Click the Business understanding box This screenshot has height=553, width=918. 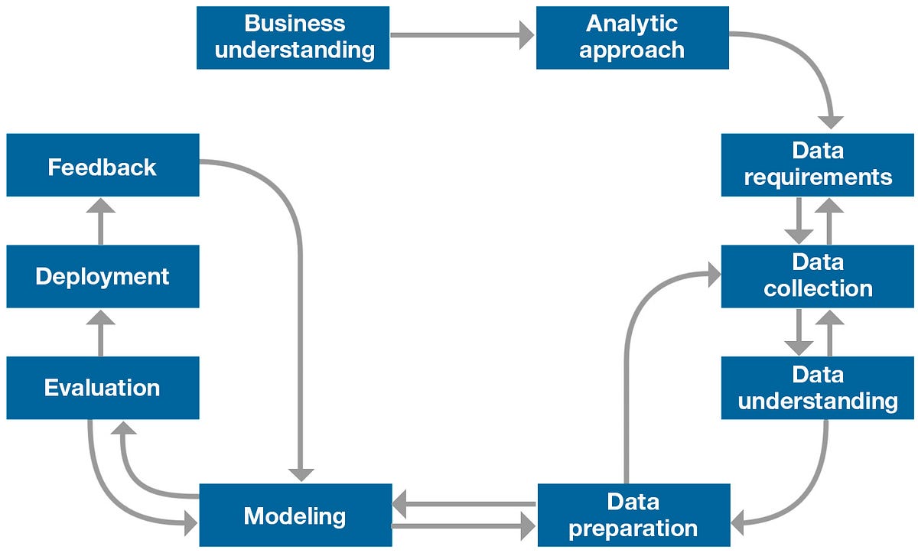point(293,37)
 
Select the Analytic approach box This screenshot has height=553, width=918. point(632,37)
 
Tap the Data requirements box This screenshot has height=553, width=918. point(818,164)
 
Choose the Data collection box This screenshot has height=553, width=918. point(818,276)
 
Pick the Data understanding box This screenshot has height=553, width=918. point(818,388)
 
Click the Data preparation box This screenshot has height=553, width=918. point(633,515)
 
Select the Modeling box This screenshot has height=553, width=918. point(295,515)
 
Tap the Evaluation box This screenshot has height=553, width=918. point(103,388)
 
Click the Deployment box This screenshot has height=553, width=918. point(103,276)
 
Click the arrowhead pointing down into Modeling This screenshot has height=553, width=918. point(301,473)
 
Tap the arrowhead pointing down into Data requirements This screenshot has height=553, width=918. point(830,121)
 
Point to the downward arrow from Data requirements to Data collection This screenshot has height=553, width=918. point(799,221)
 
